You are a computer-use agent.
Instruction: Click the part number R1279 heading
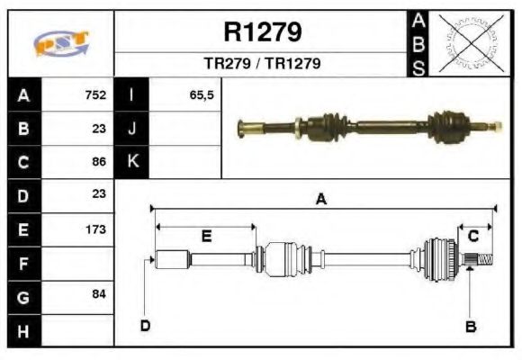click(x=262, y=32)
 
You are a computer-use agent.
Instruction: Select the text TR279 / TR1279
click(x=262, y=64)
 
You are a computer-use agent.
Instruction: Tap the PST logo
click(x=60, y=42)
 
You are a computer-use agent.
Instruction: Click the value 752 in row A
click(x=95, y=94)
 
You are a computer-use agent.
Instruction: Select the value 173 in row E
click(x=95, y=229)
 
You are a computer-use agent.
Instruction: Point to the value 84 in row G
click(x=99, y=294)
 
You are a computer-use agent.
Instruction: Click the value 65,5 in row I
click(x=201, y=94)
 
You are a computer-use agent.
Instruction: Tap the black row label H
click(x=23, y=330)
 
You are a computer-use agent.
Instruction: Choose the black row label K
click(x=132, y=162)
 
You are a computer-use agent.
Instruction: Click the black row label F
click(x=23, y=263)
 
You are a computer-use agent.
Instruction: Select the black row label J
click(x=132, y=128)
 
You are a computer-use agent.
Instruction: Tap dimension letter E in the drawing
click(x=205, y=237)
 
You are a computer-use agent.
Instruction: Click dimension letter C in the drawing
click(x=472, y=236)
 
